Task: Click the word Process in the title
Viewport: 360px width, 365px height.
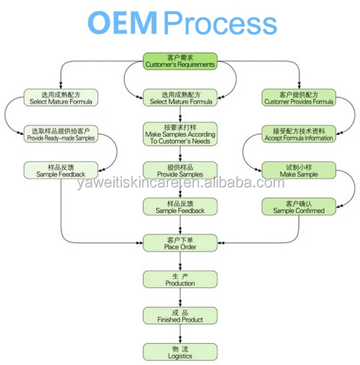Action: [x=220, y=23]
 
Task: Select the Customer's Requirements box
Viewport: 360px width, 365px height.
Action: [x=180, y=61]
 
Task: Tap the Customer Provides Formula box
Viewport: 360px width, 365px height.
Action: [x=298, y=98]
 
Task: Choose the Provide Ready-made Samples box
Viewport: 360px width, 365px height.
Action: [x=61, y=134]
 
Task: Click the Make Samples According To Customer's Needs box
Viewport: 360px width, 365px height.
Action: [x=180, y=134]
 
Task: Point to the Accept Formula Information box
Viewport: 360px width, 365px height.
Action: [x=298, y=134]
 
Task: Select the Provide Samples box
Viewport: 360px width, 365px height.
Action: [x=180, y=170]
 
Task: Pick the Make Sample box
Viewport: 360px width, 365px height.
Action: [x=298, y=170]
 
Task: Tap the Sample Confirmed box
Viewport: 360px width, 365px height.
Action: [x=298, y=207]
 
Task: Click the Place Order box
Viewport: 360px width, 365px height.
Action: [x=180, y=243]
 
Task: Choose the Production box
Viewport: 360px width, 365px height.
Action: [x=180, y=279]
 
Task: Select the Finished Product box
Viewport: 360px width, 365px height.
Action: [x=180, y=316]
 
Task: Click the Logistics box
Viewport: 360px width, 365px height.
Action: [x=180, y=352]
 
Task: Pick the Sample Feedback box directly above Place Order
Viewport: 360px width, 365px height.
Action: [x=180, y=207]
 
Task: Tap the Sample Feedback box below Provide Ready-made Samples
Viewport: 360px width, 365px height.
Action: [x=61, y=170]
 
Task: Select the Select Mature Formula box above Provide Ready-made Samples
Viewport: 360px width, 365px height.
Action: [x=61, y=98]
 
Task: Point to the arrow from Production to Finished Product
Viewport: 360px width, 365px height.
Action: [x=180, y=297]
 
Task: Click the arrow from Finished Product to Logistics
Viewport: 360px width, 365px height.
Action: [x=180, y=334]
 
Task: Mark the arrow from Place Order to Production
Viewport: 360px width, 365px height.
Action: [x=180, y=261]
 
